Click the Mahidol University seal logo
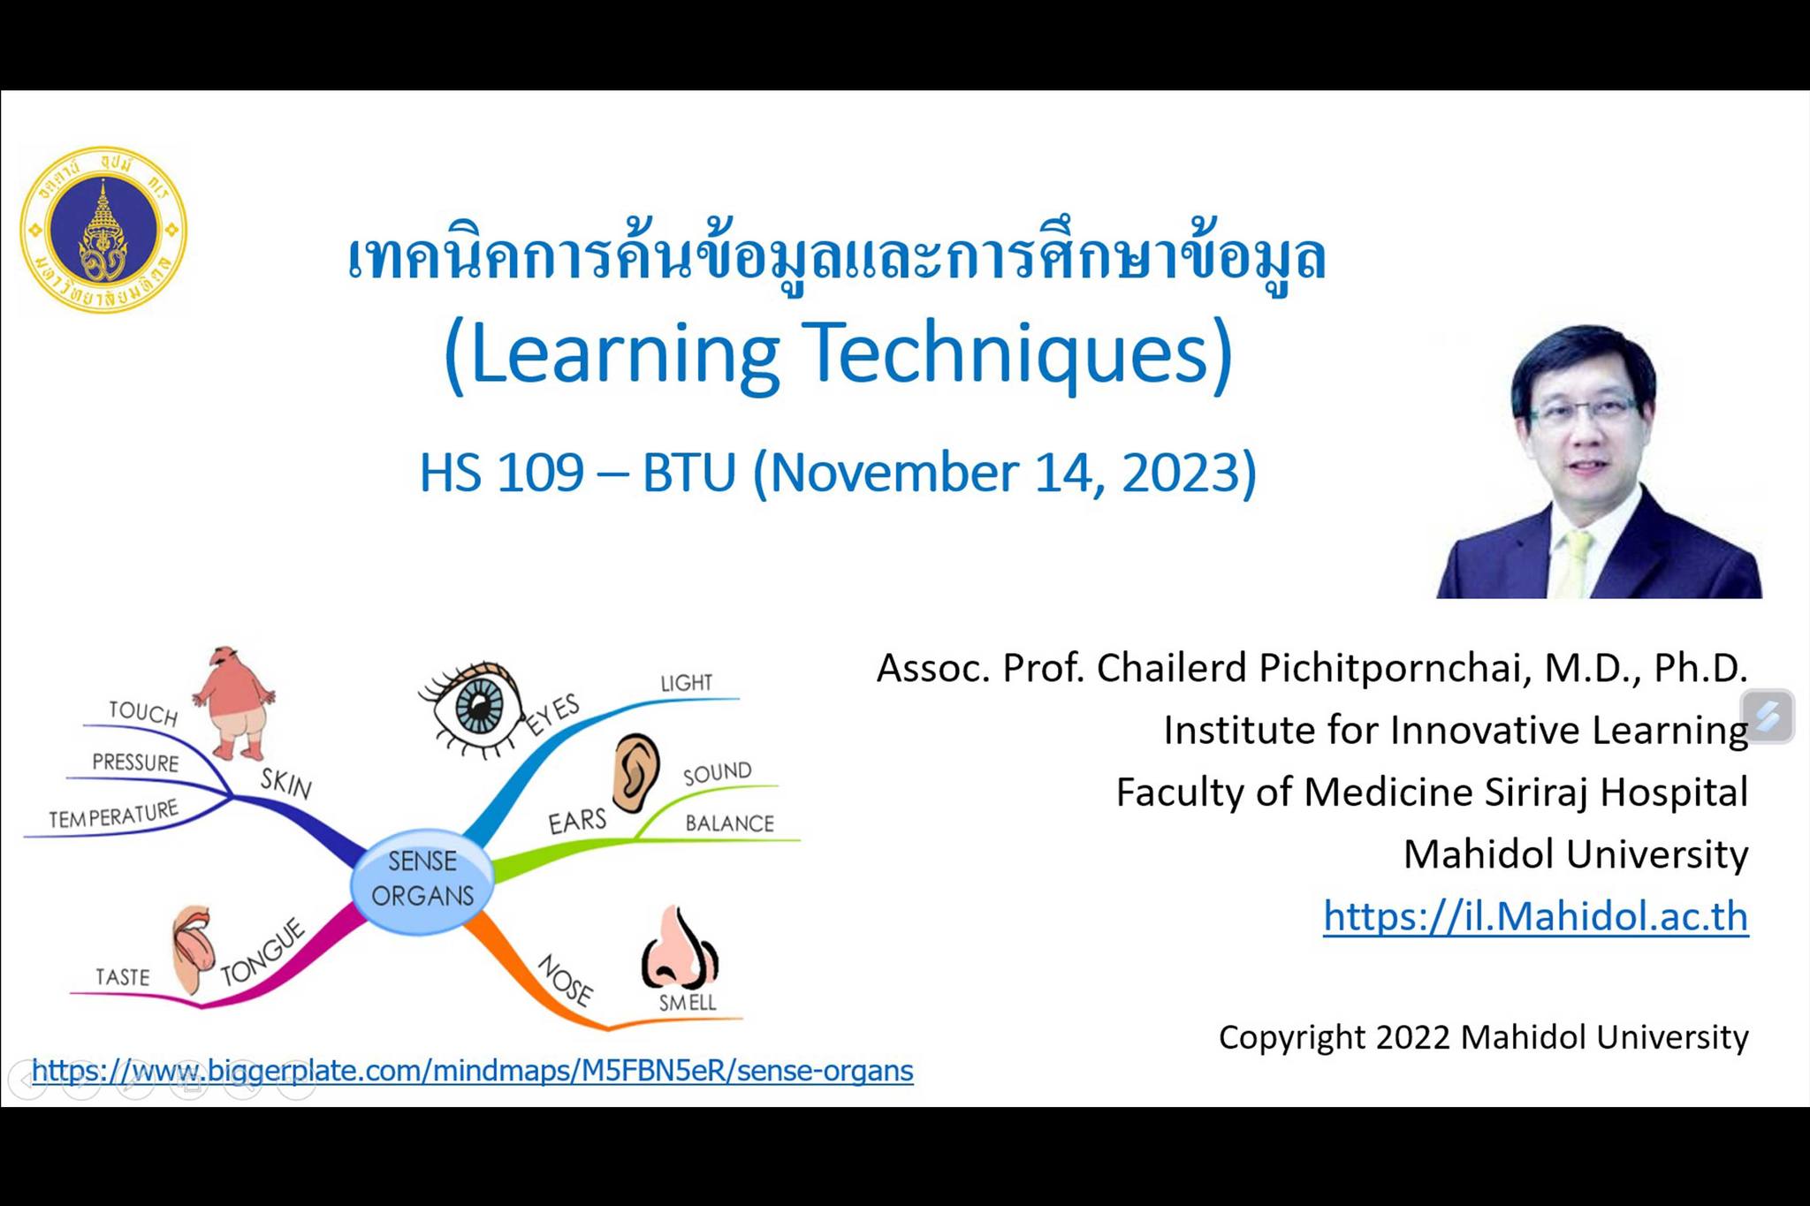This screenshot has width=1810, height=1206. coord(103,230)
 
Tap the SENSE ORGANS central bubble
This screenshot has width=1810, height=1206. coord(422,879)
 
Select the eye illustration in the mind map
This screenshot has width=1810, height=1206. coord(470,707)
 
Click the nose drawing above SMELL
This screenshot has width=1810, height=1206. coord(679,947)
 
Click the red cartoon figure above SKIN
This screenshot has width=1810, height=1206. coord(233,703)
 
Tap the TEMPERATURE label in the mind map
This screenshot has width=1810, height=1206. coord(114,815)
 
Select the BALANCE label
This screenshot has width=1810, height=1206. coord(730,823)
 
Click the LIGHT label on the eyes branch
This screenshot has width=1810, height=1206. coord(687,683)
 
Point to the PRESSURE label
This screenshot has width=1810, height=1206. coord(135,762)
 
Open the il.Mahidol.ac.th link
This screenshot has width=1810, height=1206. coord(1535,916)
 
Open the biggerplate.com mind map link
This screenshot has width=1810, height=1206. coord(472,1071)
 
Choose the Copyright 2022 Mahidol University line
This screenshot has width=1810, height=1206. coord(1484,1037)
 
